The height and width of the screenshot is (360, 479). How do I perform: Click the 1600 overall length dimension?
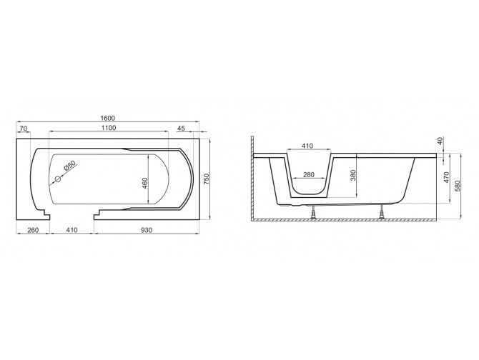[107, 118]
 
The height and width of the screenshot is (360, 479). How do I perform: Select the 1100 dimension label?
[109, 128]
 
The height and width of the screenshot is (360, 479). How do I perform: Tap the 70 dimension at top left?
[24, 129]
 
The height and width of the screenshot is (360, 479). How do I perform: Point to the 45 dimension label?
[181, 129]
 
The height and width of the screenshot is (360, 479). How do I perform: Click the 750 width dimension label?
[207, 179]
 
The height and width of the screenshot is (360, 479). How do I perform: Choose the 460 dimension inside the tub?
[145, 183]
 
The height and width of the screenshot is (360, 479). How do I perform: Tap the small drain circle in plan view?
[58, 179]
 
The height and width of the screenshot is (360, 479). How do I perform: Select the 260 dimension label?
[33, 230]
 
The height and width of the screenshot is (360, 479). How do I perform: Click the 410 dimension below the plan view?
[71, 230]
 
